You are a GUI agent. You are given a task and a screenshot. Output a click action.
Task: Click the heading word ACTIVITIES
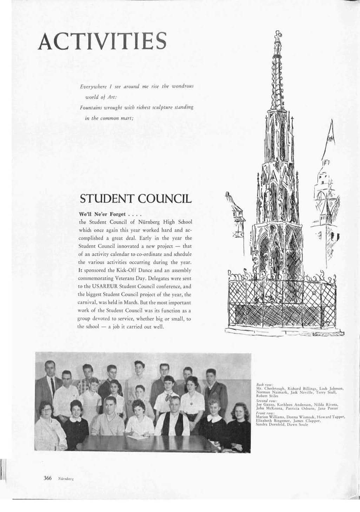click(x=102, y=42)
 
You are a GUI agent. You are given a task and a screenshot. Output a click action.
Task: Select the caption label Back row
click(x=263, y=386)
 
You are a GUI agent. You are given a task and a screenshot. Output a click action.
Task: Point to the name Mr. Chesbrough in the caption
click(x=269, y=389)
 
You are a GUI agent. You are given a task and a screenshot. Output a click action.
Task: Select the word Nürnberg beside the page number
click(x=62, y=479)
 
